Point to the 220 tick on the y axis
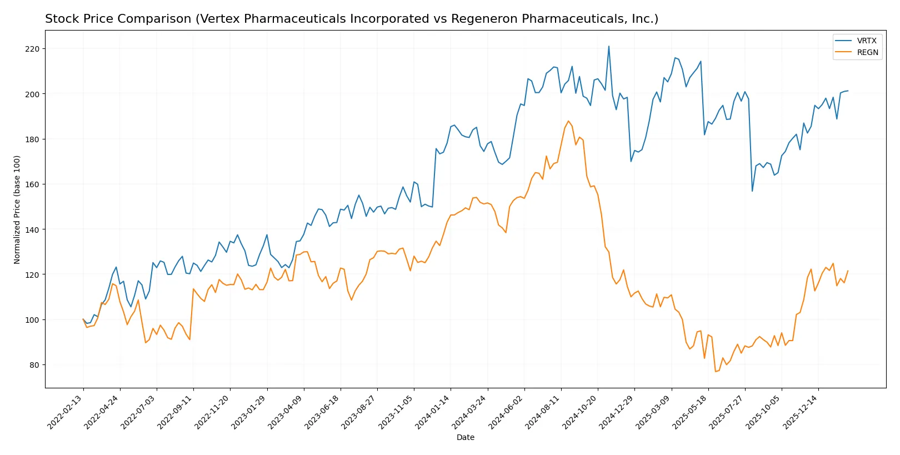click(x=32, y=49)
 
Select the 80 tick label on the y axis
click(x=34, y=365)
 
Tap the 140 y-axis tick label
click(x=32, y=229)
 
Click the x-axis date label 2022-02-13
click(x=66, y=412)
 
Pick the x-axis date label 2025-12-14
click(x=801, y=412)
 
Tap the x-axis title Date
click(x=465, y=437)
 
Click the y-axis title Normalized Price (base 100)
click(x=17, y=209)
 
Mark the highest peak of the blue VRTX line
click(x=608, y=46)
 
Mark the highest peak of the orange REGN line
click(x=568, y=121)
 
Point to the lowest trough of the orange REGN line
click(x=715, y=372)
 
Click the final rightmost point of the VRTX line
click(x=848, y=91)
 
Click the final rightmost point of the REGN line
click(x=848, y=271)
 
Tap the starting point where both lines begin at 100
click(x=83, y=319)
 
